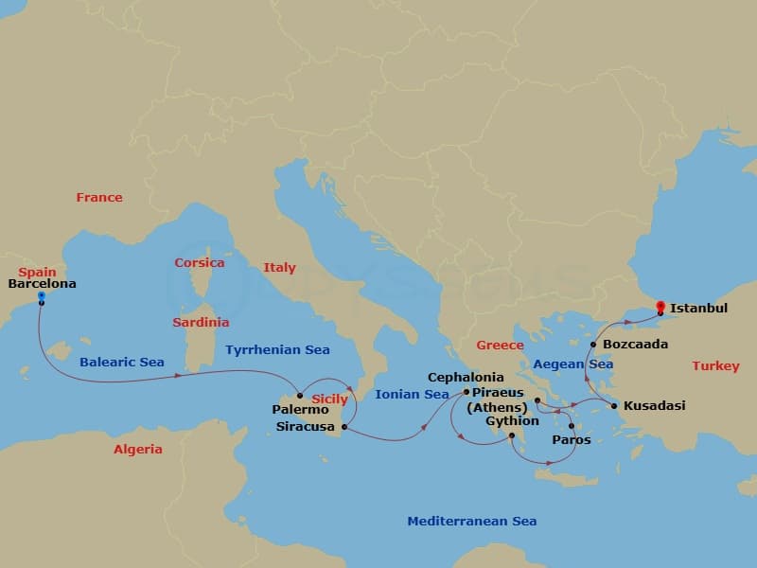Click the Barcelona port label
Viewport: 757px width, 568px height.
(42, 283)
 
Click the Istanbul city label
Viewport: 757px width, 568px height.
(698, 308)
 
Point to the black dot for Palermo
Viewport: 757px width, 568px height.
(300, 396)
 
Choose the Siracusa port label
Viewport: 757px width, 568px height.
(305, 427)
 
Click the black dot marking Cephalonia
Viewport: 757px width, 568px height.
(467, 391)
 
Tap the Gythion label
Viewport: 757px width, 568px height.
(512, 420)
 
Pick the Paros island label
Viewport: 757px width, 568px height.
(571, 439)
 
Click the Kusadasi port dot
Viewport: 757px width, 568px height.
(614, 406)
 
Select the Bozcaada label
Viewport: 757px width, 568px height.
(635, 344)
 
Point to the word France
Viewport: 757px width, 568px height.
(99, 197)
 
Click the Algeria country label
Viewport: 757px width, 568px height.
(138, 449)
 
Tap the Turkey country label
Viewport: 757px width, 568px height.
(715, 365)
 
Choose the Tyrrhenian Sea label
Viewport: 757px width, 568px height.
(277, 349)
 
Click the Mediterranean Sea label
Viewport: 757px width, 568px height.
(471, 521)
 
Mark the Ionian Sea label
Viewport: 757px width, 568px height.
(412, 394)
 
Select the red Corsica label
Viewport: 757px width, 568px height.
(200, 262)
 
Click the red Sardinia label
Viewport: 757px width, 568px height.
(201, 322)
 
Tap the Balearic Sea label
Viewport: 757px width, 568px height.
(122, 362)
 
